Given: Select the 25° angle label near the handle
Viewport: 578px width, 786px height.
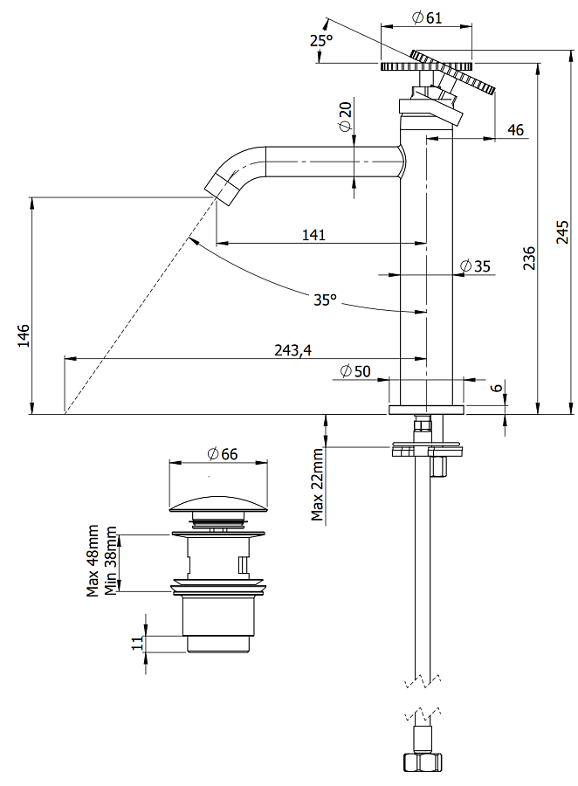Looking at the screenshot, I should pos(321,40).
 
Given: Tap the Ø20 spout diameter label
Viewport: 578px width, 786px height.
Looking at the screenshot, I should pos(346,115).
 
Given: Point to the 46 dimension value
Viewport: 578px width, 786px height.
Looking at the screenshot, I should pos(515,130).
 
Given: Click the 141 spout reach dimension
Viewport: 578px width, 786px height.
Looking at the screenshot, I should pos(313,234).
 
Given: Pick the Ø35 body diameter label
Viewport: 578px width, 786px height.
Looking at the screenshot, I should pos(475,266).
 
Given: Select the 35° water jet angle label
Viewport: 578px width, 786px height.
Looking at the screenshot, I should pos(325,300).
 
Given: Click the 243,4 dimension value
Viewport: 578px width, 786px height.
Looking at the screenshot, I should pos(292,350).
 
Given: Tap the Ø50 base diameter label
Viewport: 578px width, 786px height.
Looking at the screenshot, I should pos(355,371).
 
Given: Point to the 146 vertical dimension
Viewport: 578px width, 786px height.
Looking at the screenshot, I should pos(24,335).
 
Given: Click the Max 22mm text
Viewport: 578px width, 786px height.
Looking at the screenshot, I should pos(319,484).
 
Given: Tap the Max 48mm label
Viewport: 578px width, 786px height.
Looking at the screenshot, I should pos(93,561).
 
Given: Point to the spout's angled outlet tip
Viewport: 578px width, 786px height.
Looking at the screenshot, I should pos(219,186).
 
